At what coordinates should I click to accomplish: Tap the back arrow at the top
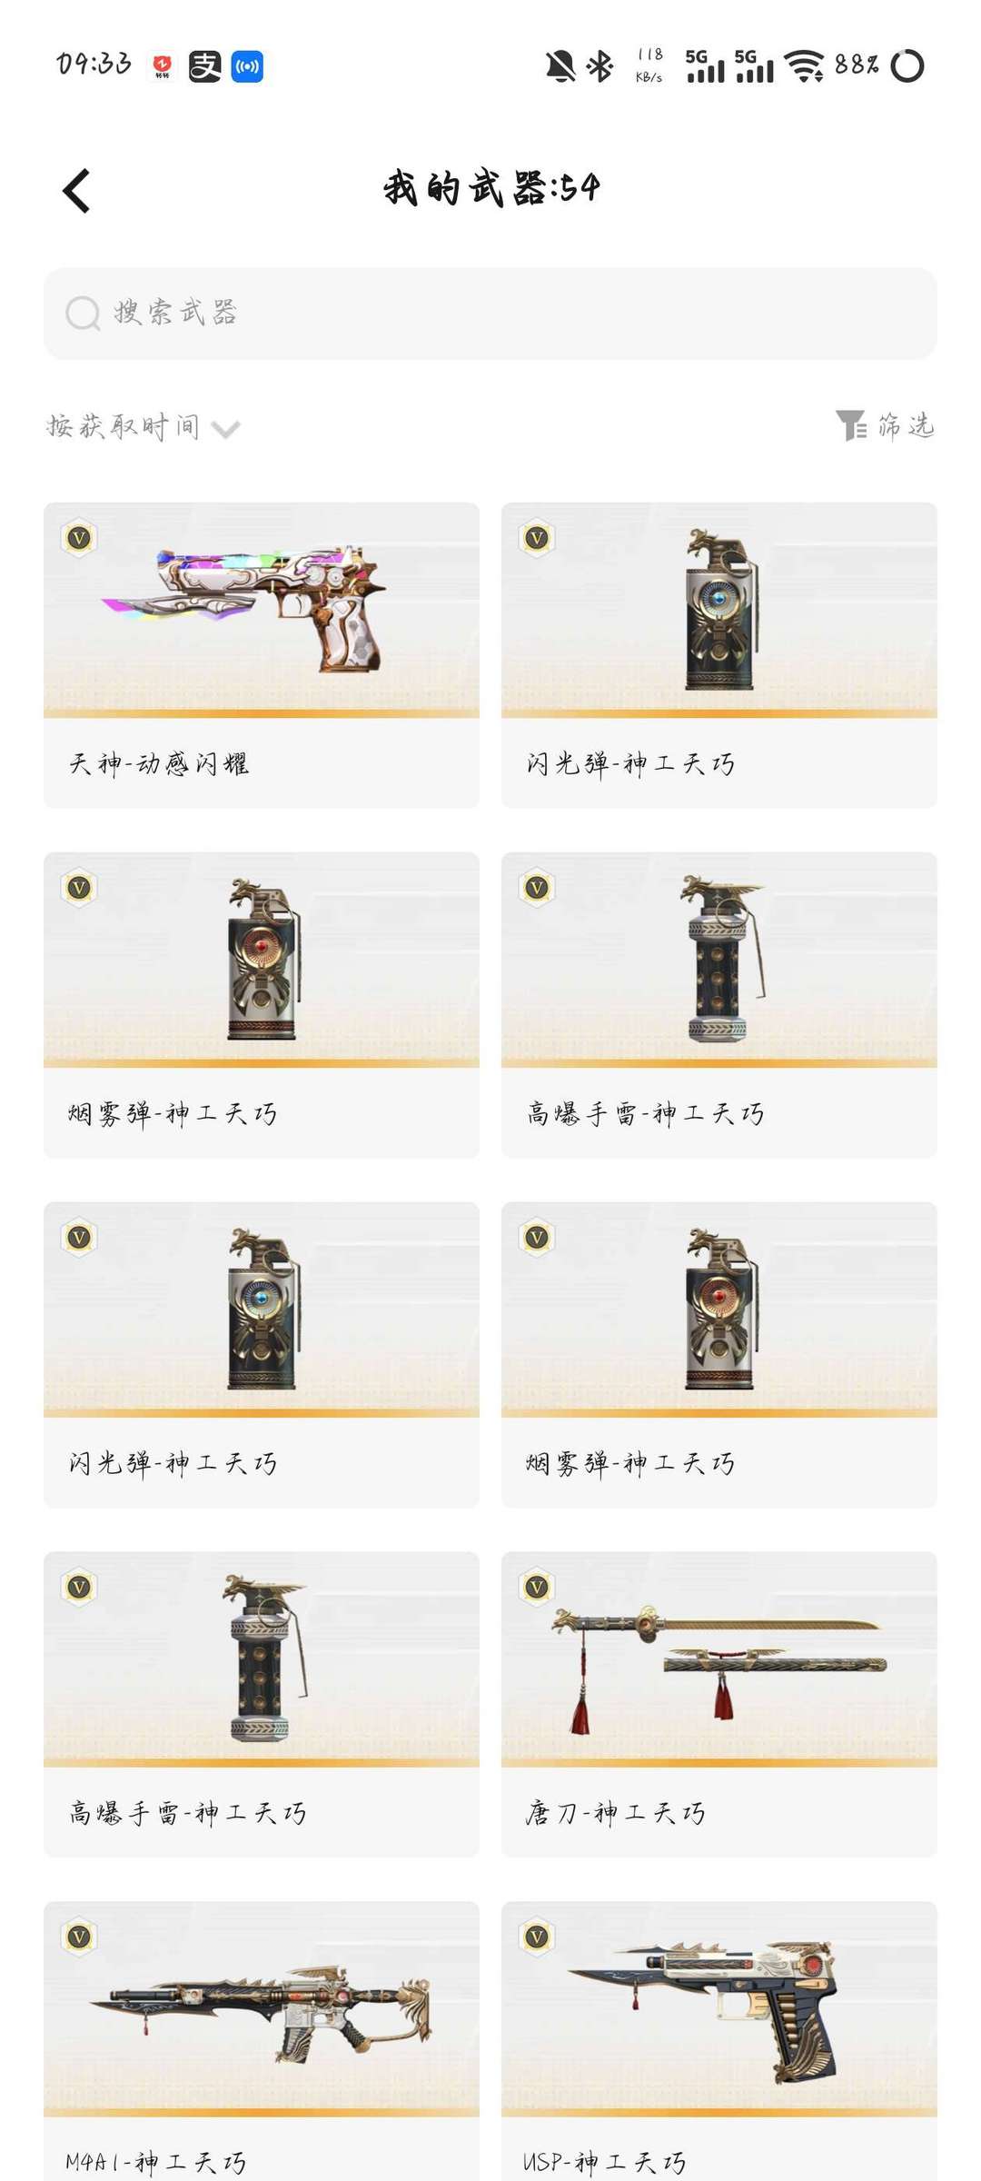tap(77, 191)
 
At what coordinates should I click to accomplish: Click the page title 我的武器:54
tap(491, 188)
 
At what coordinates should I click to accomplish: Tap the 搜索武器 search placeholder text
tap(175, 313)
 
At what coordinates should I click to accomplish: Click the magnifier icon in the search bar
tap(82, 314)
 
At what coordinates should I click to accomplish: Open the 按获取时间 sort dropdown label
tap(124, 426)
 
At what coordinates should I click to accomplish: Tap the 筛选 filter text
tap(907, 425)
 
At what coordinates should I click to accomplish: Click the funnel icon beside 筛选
tap(851, 425)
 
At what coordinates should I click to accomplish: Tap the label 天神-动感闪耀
tap(159, 763)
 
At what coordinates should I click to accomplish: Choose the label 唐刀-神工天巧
tap(615, 1813)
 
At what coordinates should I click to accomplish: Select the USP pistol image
tap(718, 2008)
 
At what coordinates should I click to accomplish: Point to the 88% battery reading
tap(857, 65)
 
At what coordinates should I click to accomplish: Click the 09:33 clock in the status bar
tap(94, 65)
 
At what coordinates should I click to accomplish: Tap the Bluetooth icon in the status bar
tap(599, 65)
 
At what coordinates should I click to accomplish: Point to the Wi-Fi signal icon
tap(804, 65)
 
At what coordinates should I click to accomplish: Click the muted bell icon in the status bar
tap(560, 65)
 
